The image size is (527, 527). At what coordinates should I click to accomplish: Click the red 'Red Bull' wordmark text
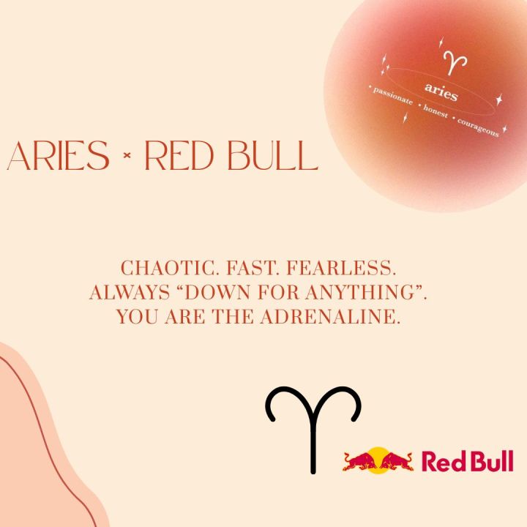(x=467, y=461)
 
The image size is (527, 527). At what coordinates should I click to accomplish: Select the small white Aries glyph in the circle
(x=456, y=61)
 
